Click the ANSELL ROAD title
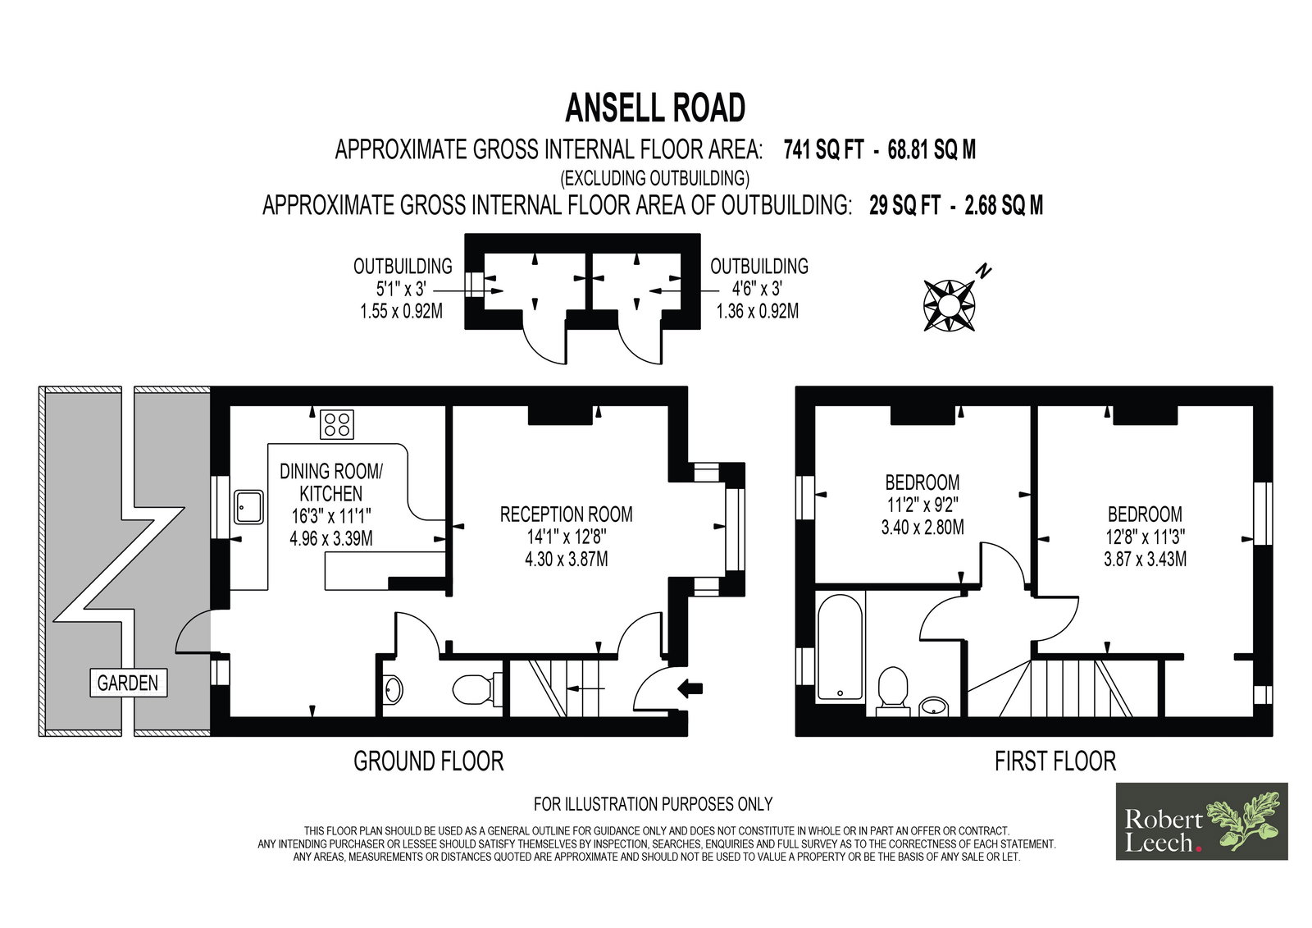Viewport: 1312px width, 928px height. click(655, 107)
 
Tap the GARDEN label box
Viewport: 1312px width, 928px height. click(128, 683)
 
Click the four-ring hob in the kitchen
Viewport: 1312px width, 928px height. click(337, 424)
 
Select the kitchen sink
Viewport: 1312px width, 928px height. click(249, 506)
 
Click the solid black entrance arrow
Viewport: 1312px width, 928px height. click(690, 688)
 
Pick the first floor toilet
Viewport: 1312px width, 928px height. click(893, 691)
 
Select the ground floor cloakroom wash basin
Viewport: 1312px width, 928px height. click(393, 689)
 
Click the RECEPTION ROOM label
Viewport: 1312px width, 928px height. click(567, 514)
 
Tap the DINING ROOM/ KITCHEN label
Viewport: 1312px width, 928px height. click(331, 482)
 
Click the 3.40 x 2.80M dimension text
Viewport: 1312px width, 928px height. click(922, 527)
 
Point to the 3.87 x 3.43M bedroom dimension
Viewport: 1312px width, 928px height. click(1145, 559)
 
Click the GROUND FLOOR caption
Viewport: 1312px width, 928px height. click(429, 761)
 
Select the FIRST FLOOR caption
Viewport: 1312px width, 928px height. click(1055, 761)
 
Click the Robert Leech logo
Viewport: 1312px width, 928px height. click(1202, 821)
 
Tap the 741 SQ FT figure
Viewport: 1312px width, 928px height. click(823, 151)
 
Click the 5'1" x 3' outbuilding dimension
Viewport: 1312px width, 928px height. click(401, 289)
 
